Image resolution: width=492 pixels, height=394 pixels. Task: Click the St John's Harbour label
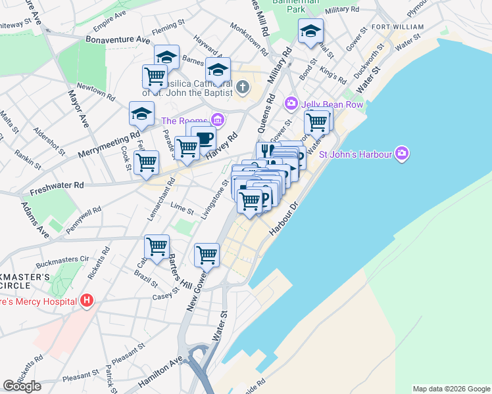click(356, 155)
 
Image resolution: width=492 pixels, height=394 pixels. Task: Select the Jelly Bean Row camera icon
click(291, 104)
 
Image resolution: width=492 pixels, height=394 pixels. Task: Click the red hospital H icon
click(87, 301)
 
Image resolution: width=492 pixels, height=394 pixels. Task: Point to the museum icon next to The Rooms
click(218, 121)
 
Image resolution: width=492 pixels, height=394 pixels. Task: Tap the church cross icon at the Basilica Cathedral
click(242, 87)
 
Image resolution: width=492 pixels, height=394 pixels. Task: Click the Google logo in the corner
click(22, 386)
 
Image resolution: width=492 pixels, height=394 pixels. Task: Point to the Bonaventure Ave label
click(118, 39)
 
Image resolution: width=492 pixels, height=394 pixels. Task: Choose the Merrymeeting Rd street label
click(109, 145)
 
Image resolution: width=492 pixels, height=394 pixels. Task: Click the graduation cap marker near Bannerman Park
click(311, 32)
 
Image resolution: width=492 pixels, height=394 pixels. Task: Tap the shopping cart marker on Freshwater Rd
click(146, 162)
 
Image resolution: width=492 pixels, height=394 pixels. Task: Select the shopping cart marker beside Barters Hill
click(157, 247)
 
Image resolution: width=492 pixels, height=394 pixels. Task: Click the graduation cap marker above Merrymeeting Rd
click(141, 114)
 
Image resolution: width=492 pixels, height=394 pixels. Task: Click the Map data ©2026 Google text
click(451, 389)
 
